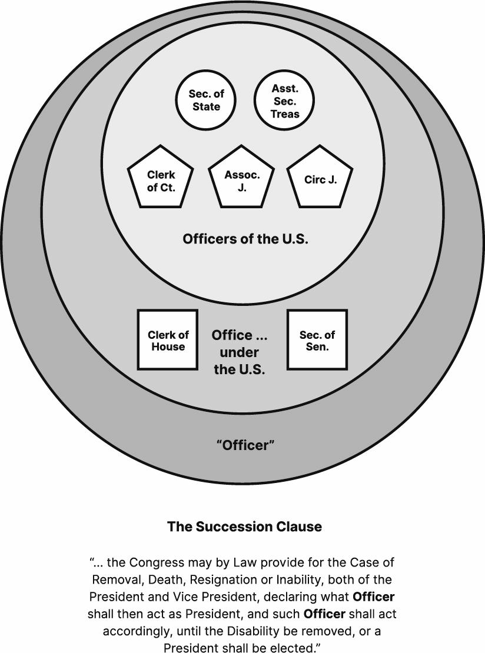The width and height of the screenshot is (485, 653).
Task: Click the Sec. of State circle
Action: [x=206, y=101]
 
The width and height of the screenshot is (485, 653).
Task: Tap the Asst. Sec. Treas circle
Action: [x=285, y=101]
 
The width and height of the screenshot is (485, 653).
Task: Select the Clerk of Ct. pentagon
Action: [x=161, y=179]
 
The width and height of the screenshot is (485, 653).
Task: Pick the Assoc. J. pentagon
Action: [x=242, y=179]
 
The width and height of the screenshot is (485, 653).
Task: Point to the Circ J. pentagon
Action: [x=320, y=179]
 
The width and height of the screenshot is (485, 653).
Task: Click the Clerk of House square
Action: [x=168, y=340]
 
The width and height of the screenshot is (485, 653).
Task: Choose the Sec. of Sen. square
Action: [x=317, y=340]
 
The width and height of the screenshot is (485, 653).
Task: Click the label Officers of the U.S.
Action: [x=245, y=239]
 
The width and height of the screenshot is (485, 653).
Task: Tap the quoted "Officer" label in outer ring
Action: [x=245, y=445]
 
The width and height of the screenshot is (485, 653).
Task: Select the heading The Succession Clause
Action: [x=244, y=527]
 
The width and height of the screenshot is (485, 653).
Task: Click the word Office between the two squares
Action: [x=232, y=335]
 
